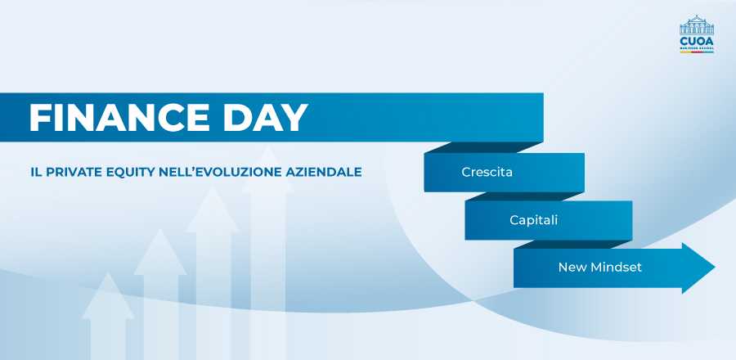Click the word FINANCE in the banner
(x=119, y=117)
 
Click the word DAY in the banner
(x=266, y=117)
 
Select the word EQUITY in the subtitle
(x=130, y=173)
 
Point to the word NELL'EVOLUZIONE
(x=220, y=173)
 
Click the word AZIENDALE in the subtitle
(x=323, y=173)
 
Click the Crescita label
(x=487, y=173)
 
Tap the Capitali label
(x=534, y=220)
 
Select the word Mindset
(x=616, y=268)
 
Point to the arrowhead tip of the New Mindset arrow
(x=715, y=268)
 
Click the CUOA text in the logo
(x=697, y=41)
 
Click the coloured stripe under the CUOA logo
(x=697, y=52)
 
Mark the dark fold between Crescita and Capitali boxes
(x=525, y=196)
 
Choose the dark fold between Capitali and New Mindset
(x=572, y=244)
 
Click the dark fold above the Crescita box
(x=483, y=147)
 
